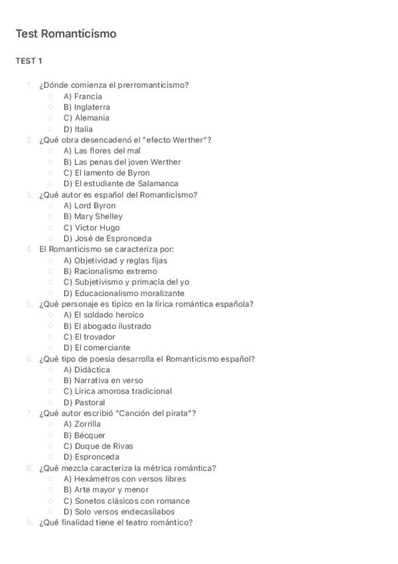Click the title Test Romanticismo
[66, 33]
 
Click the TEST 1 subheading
[29, 61]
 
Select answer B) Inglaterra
[86, 107]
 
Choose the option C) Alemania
[86, 118]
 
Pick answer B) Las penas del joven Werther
[122, 162]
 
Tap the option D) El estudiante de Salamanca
[120, 184]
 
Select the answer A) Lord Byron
[89, 206]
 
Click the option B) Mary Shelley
[92, 216]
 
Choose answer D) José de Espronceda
[107, 238]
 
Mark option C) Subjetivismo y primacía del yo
[126, 282]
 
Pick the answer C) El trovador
[89, 337]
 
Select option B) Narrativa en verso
[103, 380]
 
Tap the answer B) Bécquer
[84, 435]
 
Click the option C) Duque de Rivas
[98, 446]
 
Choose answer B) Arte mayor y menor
[106, 490]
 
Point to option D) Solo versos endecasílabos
[119, 511]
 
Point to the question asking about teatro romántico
[116, 522]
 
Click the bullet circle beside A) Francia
[50, 96]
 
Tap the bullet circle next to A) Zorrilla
[50, 424]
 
